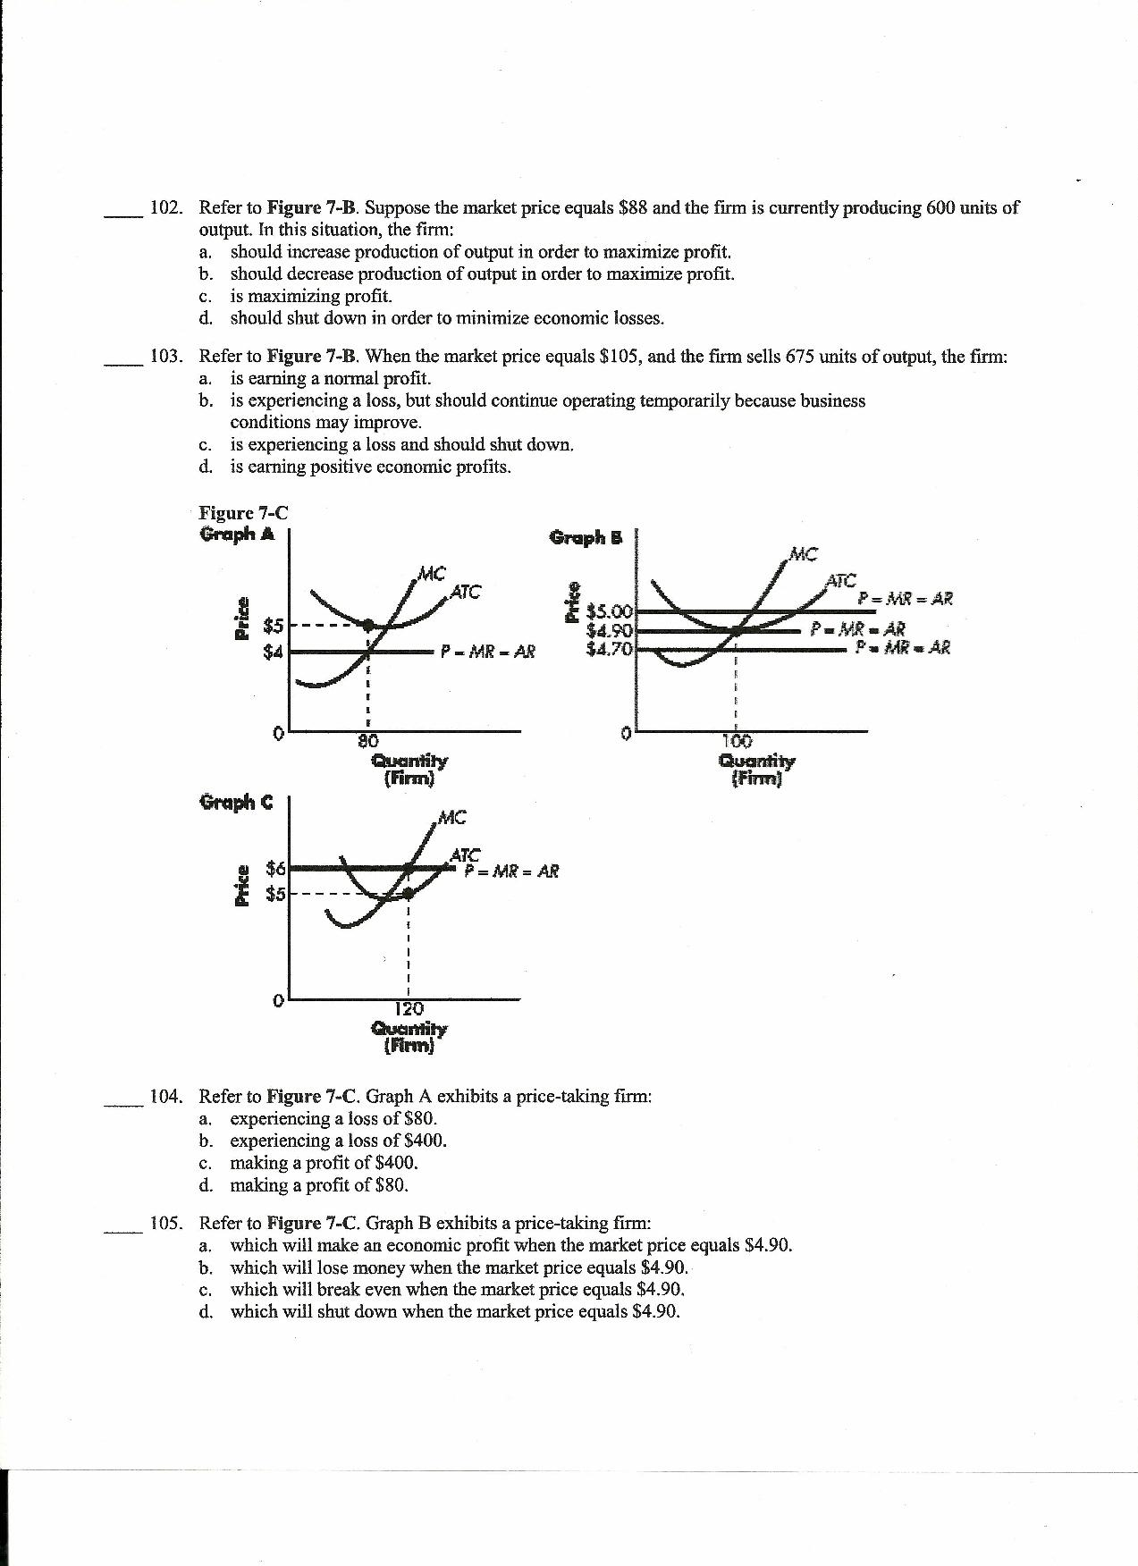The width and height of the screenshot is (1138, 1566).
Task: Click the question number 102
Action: pyautogui.click(x=166, y=208)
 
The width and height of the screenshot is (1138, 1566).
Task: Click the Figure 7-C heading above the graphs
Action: pyautogui.click(x=243, y=513)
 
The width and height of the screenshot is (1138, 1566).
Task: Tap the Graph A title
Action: pyautogui.click(x=237, y=535)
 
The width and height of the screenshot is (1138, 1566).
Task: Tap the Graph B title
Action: pyautogui.click(x=586, y=537)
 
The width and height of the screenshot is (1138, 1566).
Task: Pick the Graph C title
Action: pyautogui.click(x=236, y=803)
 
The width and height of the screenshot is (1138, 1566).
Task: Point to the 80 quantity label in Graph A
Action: pyautogui.click(x=368, y=741)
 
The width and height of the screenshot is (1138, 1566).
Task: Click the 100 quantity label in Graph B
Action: pyautogui.click(x=736, y=741)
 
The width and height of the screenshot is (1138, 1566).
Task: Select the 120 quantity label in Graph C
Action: pyautogui.click(x=409, y=1009)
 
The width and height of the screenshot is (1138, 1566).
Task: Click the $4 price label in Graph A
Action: pyautogui.click(x=273, y=652)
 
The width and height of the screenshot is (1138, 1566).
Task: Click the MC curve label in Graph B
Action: pyautogui.click(x=804, y=554)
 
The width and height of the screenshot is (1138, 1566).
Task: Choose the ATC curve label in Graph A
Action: pyautogui.click(x=465, y=591)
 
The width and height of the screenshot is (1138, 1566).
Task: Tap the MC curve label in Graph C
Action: pyautogui.click(x=452, y=817)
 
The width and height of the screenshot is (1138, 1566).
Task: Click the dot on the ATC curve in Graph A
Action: pyautogui.click(x=367, y=625)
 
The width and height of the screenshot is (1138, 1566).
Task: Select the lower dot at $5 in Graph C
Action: pyautogui.click(x=409, y=893)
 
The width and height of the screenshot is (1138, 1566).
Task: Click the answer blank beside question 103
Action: pyautogui.click(x=122, y=361)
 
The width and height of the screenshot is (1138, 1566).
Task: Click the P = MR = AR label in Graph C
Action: pyautogui.click(x=512, y=871)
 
